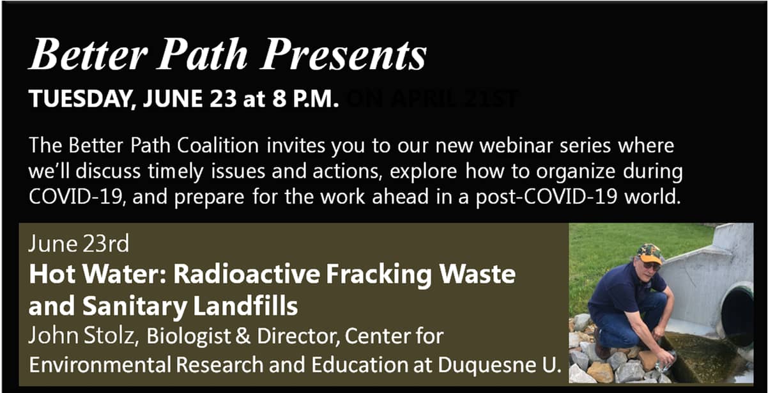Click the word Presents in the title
point(344,54)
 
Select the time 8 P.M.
point(306,99)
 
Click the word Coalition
point(218,146)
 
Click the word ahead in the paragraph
point(400,197)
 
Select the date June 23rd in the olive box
point(79,243)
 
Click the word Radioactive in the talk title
point(247,274)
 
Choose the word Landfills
point(245,305)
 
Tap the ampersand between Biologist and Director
point(243,335)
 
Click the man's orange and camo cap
point(649,254)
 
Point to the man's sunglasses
point(651,266)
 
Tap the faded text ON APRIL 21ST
point(432,99)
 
